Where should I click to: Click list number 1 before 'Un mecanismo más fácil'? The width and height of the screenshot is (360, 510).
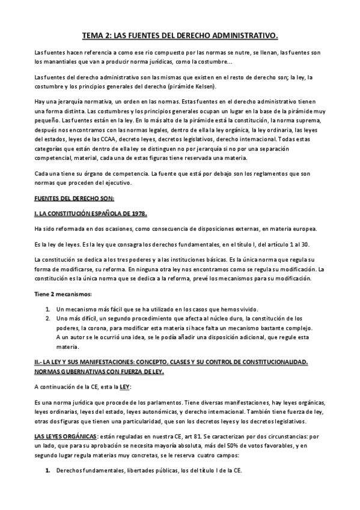pos(48,308)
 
